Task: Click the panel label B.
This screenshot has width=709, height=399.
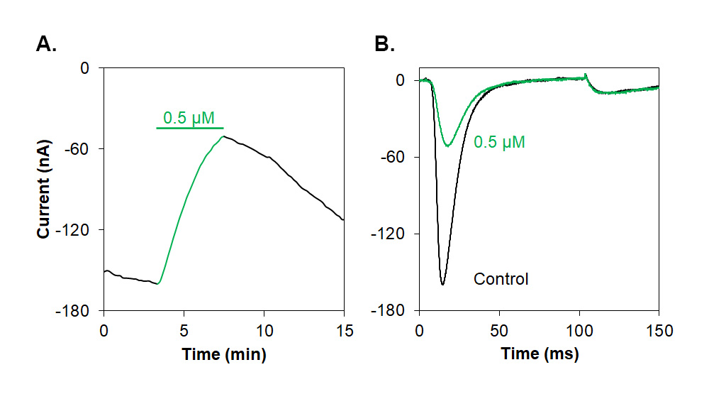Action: click(384, 45)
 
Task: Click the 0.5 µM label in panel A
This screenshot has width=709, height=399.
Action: click(189, 117)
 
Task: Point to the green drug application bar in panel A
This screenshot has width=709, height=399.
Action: click(189, 128)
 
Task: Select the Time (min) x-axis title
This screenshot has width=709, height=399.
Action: click(224, 354)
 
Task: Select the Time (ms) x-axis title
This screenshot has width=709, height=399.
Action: click(540, 354)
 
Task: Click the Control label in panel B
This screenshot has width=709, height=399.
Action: click(501, 279)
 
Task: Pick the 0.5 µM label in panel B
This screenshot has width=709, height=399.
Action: click(499, 142)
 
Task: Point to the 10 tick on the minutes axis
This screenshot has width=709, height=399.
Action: click(264, 331)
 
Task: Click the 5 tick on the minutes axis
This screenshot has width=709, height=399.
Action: click(184, 331)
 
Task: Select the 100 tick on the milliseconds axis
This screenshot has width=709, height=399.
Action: click(579, 331)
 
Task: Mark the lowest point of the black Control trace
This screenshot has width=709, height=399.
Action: click(442, 285)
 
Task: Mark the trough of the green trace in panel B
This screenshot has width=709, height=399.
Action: click(447, 146)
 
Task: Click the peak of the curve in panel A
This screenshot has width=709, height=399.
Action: click(223, 136)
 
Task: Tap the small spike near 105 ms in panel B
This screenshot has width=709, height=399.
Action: click(585, 75)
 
